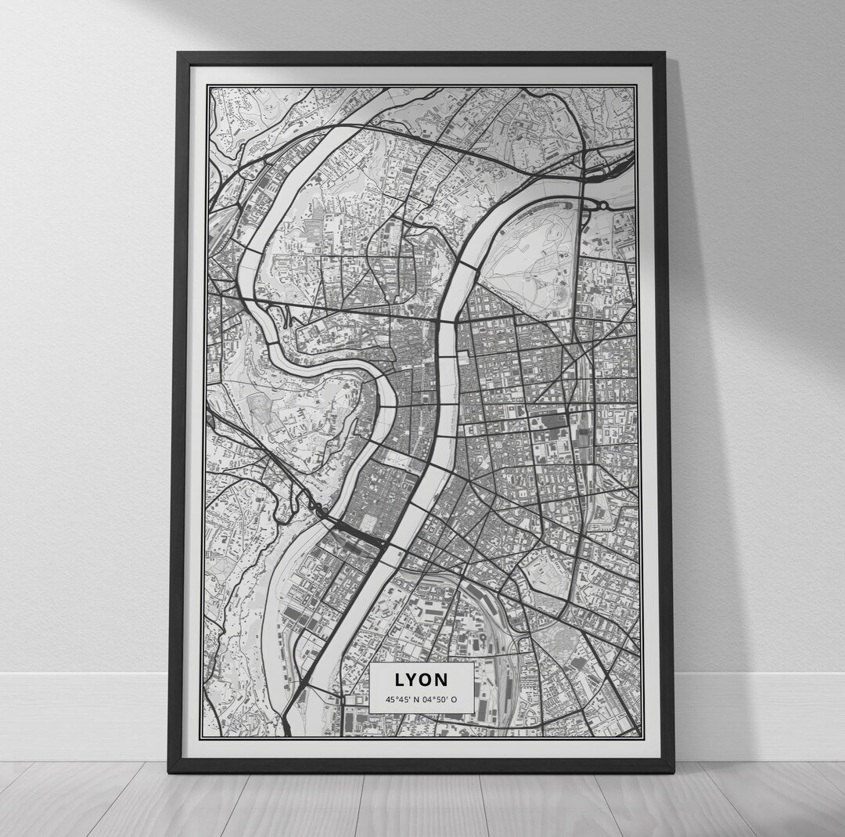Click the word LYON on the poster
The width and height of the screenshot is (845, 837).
click(x=422, y=680)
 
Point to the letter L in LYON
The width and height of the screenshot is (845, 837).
click(x=400, y=680)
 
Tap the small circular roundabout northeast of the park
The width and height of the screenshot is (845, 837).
click(x=603, y=205)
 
